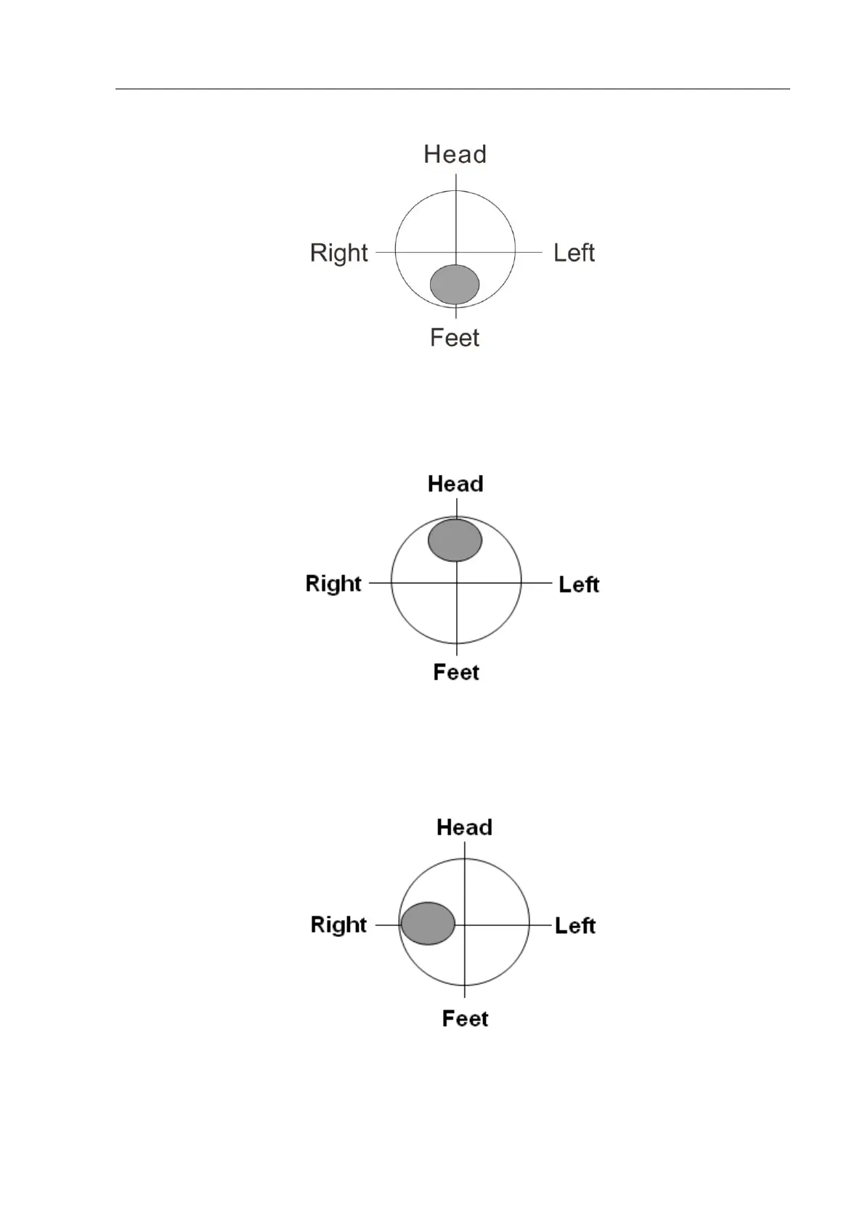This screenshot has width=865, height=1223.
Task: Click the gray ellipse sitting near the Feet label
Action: pos(455,284)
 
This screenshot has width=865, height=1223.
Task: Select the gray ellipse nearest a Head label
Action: pos(455,540)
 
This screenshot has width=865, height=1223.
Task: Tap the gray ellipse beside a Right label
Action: pos(428,923)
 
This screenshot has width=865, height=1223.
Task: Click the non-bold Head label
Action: pos(455,154)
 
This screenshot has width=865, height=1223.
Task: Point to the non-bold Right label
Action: pos(339,253)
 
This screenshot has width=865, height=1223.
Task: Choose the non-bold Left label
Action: pos(574,253)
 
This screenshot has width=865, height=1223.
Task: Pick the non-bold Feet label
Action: pos(455,338)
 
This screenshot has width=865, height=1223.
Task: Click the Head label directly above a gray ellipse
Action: pos(455,484)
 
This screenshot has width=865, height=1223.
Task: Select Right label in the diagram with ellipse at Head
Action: pos(333,583)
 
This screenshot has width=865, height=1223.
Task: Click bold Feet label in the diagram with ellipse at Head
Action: pos(456,672)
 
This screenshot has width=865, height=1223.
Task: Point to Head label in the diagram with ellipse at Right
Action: pos(464,827)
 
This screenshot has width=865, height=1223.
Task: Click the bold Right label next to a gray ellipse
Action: pos(338,925)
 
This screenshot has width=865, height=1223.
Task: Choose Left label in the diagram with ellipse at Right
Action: pos(575,925)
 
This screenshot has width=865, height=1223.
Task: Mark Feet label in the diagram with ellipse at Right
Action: pos(465,1018)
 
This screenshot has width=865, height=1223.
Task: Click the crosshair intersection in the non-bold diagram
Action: pos(456,252)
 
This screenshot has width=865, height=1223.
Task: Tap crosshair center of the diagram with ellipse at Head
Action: pos(456,582)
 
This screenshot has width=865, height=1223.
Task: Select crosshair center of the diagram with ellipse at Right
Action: pos(464,925)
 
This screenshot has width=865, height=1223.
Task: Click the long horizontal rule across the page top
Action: pos(452,89)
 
